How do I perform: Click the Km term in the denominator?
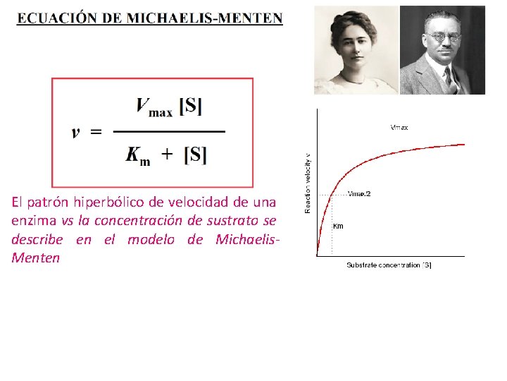tap(138, 155)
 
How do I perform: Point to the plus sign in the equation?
tap(166, 155)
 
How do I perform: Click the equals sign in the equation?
tap(96, 132)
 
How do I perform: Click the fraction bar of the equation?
tap(169, 131)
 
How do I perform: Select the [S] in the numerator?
tap(191, 107)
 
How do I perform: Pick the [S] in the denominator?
tap(195, 155)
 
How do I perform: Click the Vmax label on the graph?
tap(399, 128)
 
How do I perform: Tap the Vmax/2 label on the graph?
tap(360, 193)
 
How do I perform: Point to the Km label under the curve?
tap(338, 226)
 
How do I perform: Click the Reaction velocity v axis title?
tap(308, 183)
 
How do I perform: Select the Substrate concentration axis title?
tap(389, 265)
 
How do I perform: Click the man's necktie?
tap(448, 78)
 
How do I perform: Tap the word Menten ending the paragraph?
tap(35, 258)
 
